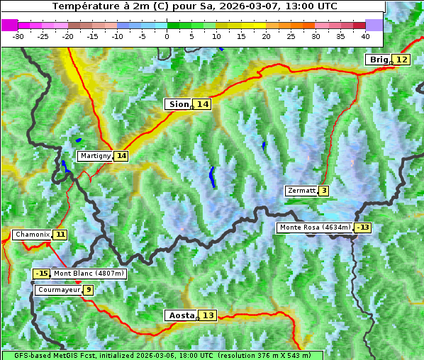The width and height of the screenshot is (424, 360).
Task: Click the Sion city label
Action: click(178, 104)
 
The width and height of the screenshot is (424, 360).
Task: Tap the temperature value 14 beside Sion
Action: click(203, 104)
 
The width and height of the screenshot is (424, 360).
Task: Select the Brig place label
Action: click(378, 60)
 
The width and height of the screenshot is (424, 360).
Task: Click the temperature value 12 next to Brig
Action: click(402, 60)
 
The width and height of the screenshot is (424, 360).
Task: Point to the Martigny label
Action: click(95, 156)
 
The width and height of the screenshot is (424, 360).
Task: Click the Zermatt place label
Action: click(301, 191)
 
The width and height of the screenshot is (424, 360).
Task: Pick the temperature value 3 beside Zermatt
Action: click(324, 191)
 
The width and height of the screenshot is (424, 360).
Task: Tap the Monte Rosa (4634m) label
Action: click(315, 227)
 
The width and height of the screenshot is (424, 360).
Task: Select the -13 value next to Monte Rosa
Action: click(363, 227)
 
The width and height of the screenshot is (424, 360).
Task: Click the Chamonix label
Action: click(32, 235)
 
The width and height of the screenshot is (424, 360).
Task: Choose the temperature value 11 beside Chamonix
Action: click(60, 235)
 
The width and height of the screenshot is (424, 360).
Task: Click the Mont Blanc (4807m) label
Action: click(89, 274)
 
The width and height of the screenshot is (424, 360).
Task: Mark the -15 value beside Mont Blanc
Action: click(42, 274)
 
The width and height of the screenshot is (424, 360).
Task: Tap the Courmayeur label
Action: click(57, 290)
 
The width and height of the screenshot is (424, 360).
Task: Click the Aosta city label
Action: click(180, 315)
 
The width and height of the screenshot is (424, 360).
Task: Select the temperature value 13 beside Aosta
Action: click(208, 315)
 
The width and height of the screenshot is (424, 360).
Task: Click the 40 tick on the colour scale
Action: click(365, 35)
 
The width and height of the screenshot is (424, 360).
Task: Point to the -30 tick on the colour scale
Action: click(18, 35)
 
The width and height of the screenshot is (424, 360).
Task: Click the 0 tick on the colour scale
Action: click(167, 35)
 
